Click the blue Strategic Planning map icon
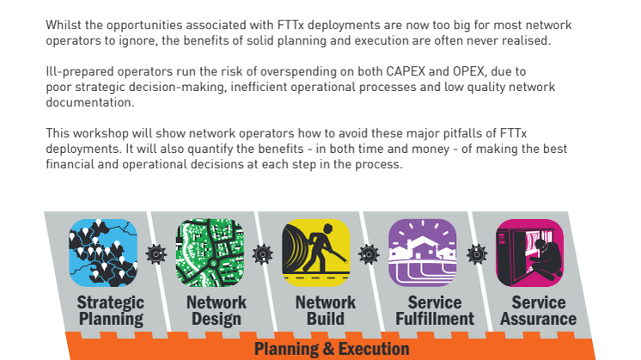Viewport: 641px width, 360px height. pos(103,253)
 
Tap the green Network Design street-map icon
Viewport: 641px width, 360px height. pos(210,253)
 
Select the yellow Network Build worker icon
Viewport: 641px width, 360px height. pos(315,253)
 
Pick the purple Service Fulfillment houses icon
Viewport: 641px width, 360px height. pos(422,253)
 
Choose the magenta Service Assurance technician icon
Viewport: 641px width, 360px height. pos(529,253)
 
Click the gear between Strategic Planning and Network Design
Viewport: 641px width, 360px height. pos(156,254)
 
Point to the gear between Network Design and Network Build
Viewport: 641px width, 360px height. pos(262,254)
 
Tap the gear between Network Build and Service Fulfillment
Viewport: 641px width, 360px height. pos(369,254)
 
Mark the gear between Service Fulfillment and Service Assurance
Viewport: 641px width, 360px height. pos(477,254)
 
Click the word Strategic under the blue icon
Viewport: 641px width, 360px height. pos(111,303)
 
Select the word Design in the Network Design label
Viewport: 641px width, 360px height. pos(217,319)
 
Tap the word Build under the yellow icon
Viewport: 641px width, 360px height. pos(326,319)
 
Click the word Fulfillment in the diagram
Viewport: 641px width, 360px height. pos(435,319)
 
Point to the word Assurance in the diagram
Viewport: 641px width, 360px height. pos(539,319)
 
